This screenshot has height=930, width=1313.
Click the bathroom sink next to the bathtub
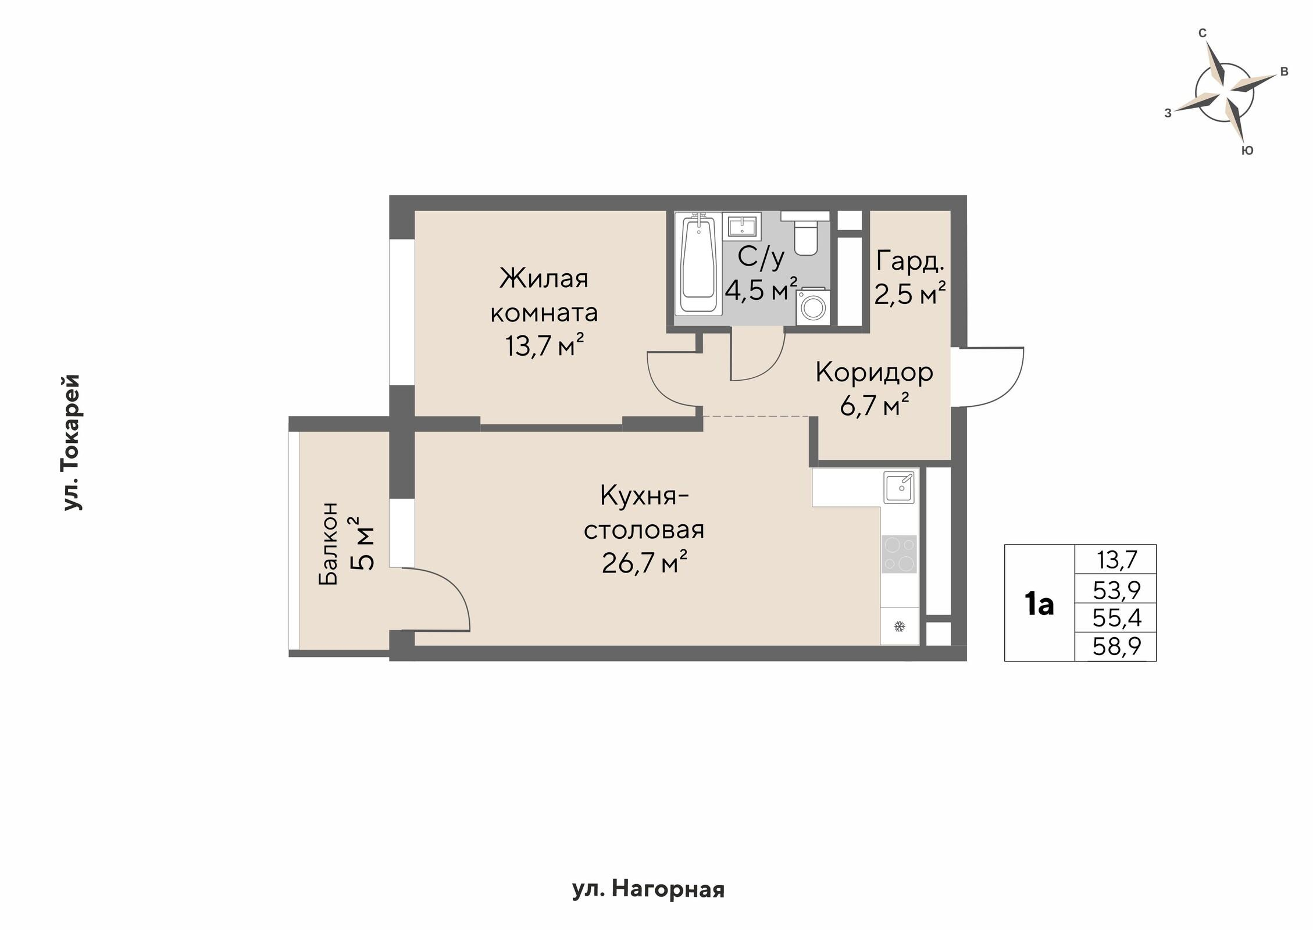coord(741,226)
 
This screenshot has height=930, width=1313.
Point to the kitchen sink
coord(899,487)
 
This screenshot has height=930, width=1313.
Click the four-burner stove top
coord(900,554)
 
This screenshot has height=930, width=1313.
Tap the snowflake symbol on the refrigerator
coord(900,627)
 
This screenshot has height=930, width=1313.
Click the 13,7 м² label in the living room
coord(544,346)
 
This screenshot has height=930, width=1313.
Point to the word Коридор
coord(874,373)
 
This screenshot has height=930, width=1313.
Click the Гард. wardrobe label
coord(909,262)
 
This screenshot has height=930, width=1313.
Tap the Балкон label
coord(328,543)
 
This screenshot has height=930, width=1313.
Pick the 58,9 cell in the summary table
coord(1116,646)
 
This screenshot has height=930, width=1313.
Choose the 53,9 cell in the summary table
coord(1116,591)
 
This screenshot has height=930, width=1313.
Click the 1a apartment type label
coord(1039,604)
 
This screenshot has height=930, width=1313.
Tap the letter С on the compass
coord(1203,34)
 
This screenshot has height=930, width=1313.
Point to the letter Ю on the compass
coord(1247,151)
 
